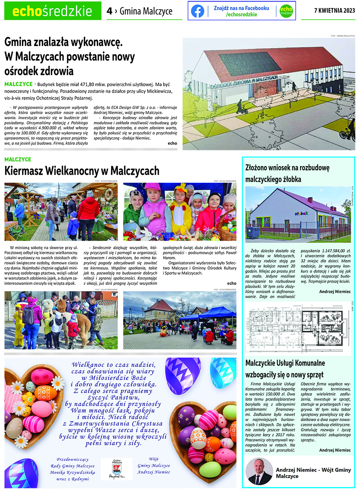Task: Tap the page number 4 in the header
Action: [x=110, y=12]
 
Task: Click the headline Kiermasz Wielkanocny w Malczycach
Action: [x=82, y=171]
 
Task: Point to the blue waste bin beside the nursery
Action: [x=253, y=232]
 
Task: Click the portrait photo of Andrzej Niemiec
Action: [x=259, y=471]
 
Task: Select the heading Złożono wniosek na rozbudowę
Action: [x=287, y=168]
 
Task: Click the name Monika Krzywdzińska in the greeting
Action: [x=73, y=472]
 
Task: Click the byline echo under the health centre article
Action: [x=172, y=143]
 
